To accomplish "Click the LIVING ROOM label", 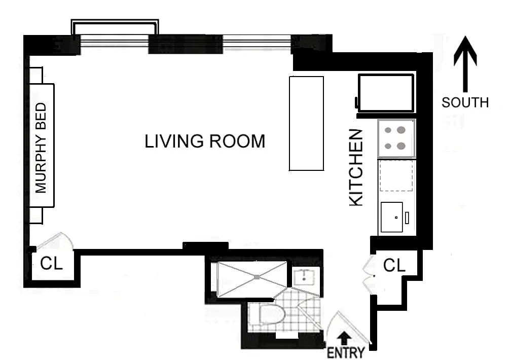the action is coord(205,141).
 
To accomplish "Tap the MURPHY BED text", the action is coord(41,148).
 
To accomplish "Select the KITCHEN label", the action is coord(356,168).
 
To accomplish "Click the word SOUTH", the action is coord(465,102).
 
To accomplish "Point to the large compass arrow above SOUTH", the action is coord(465,64).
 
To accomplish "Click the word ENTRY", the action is coord(346,352).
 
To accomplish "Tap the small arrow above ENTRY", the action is coord(345,338).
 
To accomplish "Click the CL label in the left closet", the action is coord(51,263).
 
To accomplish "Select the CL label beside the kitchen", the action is coord(394,265).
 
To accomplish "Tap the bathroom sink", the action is coord(304,277).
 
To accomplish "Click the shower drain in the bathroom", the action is coord(257,277).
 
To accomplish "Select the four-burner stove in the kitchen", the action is coord(396,138).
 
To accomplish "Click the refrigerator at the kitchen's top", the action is coord(385,93).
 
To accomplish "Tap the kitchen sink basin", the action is coord(392,217).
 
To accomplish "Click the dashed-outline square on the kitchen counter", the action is coord(396,175).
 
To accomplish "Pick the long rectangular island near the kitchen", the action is coord(306,123).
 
